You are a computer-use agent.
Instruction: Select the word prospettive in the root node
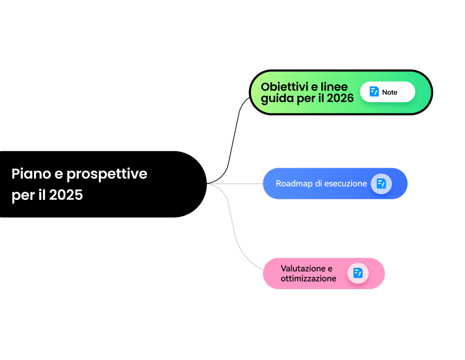click(107, 174)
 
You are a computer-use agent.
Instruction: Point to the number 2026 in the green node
click(340, 98)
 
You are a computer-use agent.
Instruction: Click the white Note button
click(387, 92)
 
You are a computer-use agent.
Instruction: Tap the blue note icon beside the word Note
click(374, 92)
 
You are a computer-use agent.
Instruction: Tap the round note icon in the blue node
click(381, 184)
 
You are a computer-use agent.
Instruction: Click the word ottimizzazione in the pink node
click(308, 279)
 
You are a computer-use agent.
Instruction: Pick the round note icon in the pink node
click(358, 273)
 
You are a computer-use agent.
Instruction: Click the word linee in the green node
click(334, 87)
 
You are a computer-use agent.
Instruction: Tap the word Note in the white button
click(390, 92)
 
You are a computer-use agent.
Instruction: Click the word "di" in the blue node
click(317, 184)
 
